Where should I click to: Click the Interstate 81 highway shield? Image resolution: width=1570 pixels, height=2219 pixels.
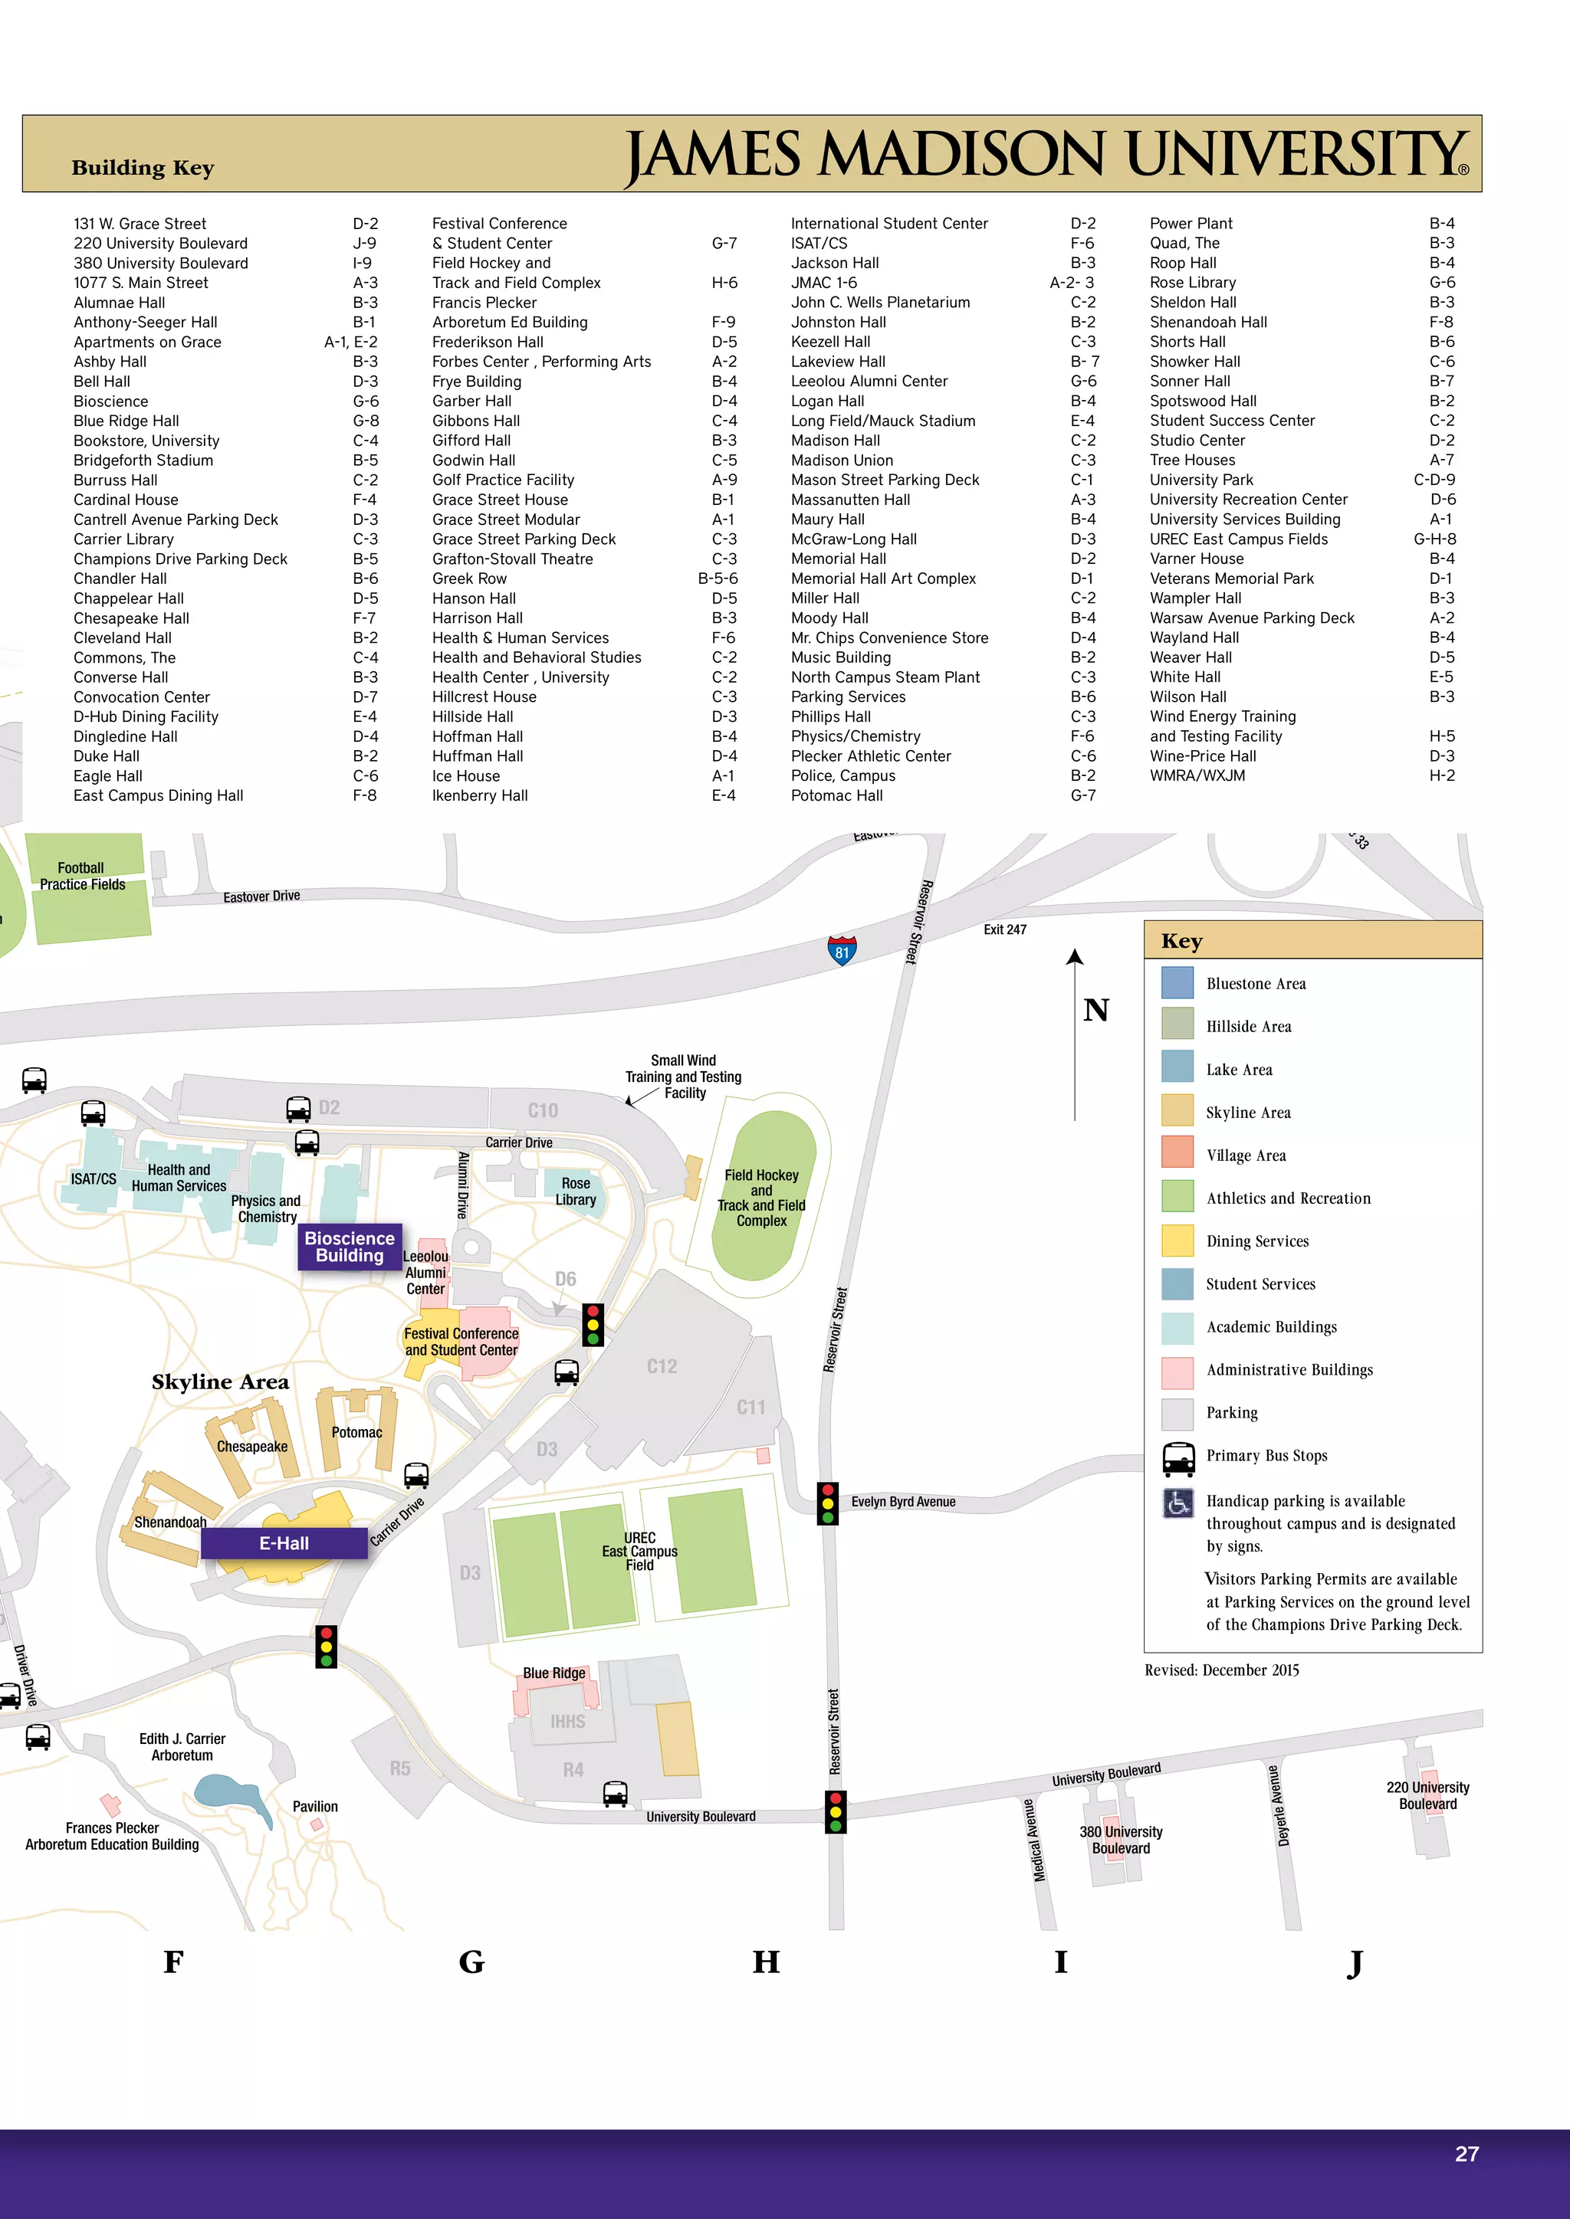tap(842, 950)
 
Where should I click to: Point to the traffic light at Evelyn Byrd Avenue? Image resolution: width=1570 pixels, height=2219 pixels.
tap(827, 1503)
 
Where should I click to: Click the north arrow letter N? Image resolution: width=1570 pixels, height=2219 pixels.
tap(1095, 1010)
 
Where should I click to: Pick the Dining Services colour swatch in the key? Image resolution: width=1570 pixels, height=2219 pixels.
tap(1177, 1240)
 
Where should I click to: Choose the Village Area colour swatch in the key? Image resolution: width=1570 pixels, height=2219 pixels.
tap(1177, 1154)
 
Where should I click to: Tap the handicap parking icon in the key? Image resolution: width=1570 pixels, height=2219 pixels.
tap(1177, 1503)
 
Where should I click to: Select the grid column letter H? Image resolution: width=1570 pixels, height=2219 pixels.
tap(766, 1962)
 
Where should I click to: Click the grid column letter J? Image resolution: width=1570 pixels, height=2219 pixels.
tap(1355, 1962)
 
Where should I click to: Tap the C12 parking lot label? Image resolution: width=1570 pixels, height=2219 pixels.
tap(662, 1365)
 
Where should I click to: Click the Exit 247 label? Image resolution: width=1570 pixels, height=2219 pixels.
tap(1004, 929)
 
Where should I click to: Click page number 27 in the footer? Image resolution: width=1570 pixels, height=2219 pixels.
tap(1466, 2153)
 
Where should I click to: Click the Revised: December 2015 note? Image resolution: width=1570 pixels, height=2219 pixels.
tap(1221, 1670)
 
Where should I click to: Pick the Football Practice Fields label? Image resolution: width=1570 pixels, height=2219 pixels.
tap(82, 876)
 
